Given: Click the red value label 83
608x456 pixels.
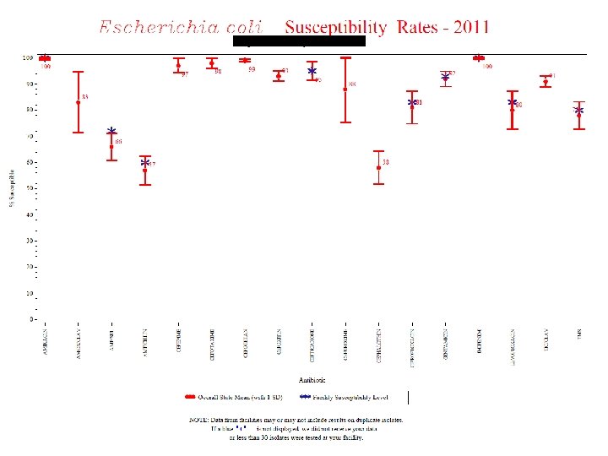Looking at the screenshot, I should pos(85,97).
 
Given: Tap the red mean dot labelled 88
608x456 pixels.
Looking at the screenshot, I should pos(345,90).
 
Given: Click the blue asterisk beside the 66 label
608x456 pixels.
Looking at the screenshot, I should pos(111,133).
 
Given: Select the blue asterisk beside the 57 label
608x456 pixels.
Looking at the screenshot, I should pos(145,163).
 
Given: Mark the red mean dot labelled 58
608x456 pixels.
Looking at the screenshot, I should pos(378,168).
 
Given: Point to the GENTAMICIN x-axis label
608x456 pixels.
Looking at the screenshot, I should pos(445,340).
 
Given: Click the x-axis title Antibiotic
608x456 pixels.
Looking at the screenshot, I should pos(302,379).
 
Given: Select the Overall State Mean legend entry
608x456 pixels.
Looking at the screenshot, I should pos(236,396).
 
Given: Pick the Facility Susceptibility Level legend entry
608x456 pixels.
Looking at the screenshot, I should pos(348,396).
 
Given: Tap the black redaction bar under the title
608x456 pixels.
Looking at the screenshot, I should pos(299,41).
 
